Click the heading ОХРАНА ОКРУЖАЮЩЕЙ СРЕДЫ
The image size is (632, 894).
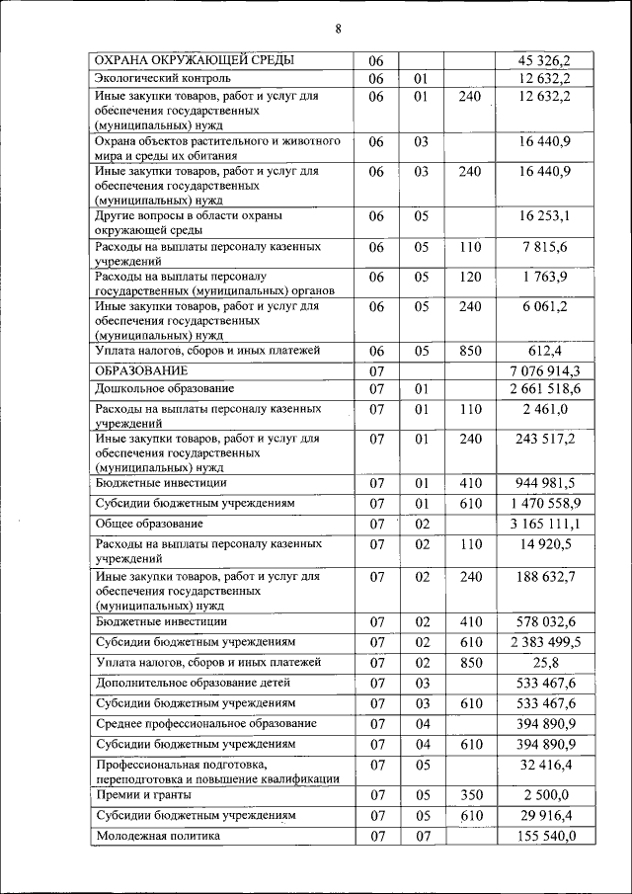[194, 61]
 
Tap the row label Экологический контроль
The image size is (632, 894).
[163, 78]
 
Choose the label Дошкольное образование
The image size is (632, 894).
[165, 389]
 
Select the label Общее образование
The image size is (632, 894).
[149, 523]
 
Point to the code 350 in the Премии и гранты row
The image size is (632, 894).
[471, 796]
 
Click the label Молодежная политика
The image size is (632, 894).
[158, 837]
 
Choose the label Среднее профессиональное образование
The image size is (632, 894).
[205, 724]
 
